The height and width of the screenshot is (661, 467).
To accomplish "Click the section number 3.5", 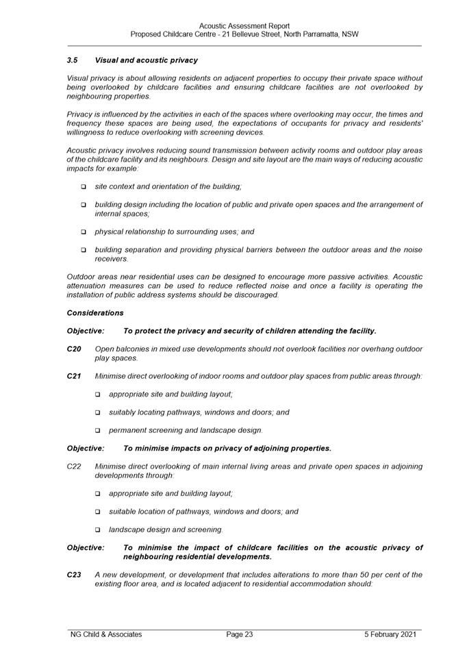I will coord(72,60).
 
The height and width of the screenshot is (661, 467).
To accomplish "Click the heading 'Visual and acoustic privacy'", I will coord(146,60).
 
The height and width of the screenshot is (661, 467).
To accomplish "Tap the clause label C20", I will coord(74,349).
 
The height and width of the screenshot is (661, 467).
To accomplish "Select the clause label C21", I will coord(74,376).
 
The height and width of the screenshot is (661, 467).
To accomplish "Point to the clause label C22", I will coord(74,466).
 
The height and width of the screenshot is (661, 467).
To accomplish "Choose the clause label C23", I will coord(74,575).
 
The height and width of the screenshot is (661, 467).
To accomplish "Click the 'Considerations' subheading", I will coord(95,313).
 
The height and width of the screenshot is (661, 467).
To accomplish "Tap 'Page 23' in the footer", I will coord(240,634).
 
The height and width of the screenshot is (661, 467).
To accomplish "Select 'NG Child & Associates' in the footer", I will coord(106,634).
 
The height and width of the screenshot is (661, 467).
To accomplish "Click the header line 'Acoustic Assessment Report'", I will coord(244,26).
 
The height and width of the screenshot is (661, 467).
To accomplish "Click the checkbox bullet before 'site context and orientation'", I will coord(84,187).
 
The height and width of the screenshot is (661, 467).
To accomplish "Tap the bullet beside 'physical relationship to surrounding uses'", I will coord(84,232).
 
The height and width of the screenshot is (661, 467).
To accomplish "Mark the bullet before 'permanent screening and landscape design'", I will coord(98,431).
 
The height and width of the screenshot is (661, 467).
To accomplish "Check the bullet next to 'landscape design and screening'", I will coord(98,530).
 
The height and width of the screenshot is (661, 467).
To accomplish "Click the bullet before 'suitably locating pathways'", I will coord(98,413).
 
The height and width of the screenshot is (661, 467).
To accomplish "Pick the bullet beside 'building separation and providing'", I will coord(84,250).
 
